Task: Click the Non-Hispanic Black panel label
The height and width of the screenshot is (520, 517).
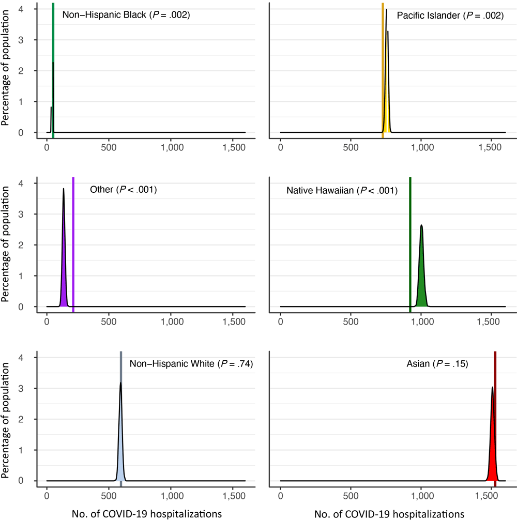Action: coord(126,16)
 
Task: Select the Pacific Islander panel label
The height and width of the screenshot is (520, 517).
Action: coord(450,16)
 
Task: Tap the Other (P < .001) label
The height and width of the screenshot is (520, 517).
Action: coord(123,190)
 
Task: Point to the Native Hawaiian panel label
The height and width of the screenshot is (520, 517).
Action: coord(342,191)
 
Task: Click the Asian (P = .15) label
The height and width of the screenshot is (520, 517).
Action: coord(437,364)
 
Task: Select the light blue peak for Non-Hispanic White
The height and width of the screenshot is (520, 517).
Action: coord(121,460)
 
